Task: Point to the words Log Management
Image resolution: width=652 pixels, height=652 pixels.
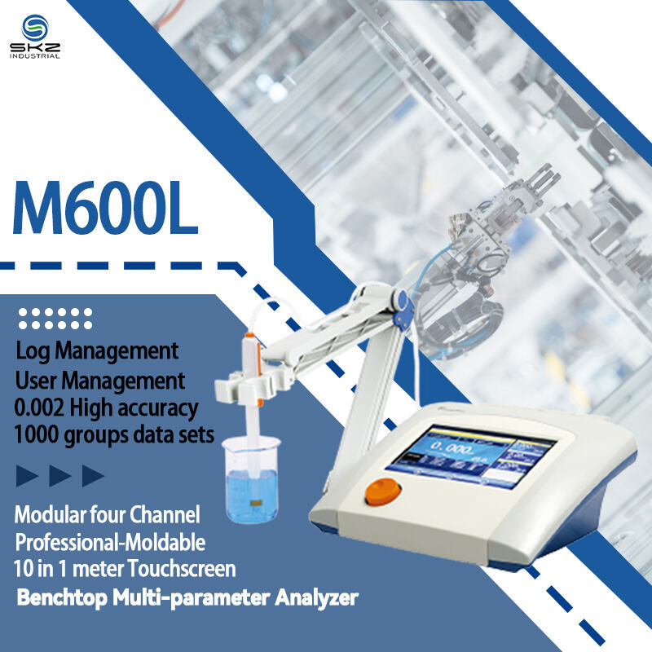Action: [x=97, y=351]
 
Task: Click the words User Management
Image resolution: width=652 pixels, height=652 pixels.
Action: [x=100, y=380]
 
